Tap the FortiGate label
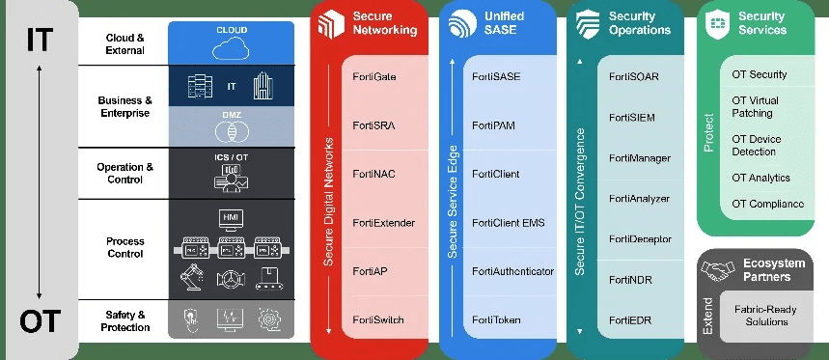point(375,75)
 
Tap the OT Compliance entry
point(767,204)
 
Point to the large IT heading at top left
point(39,41)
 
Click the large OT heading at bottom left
point(39,319)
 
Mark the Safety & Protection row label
point(126,320)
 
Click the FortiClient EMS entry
point(508,223)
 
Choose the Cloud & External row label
point(126,43)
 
